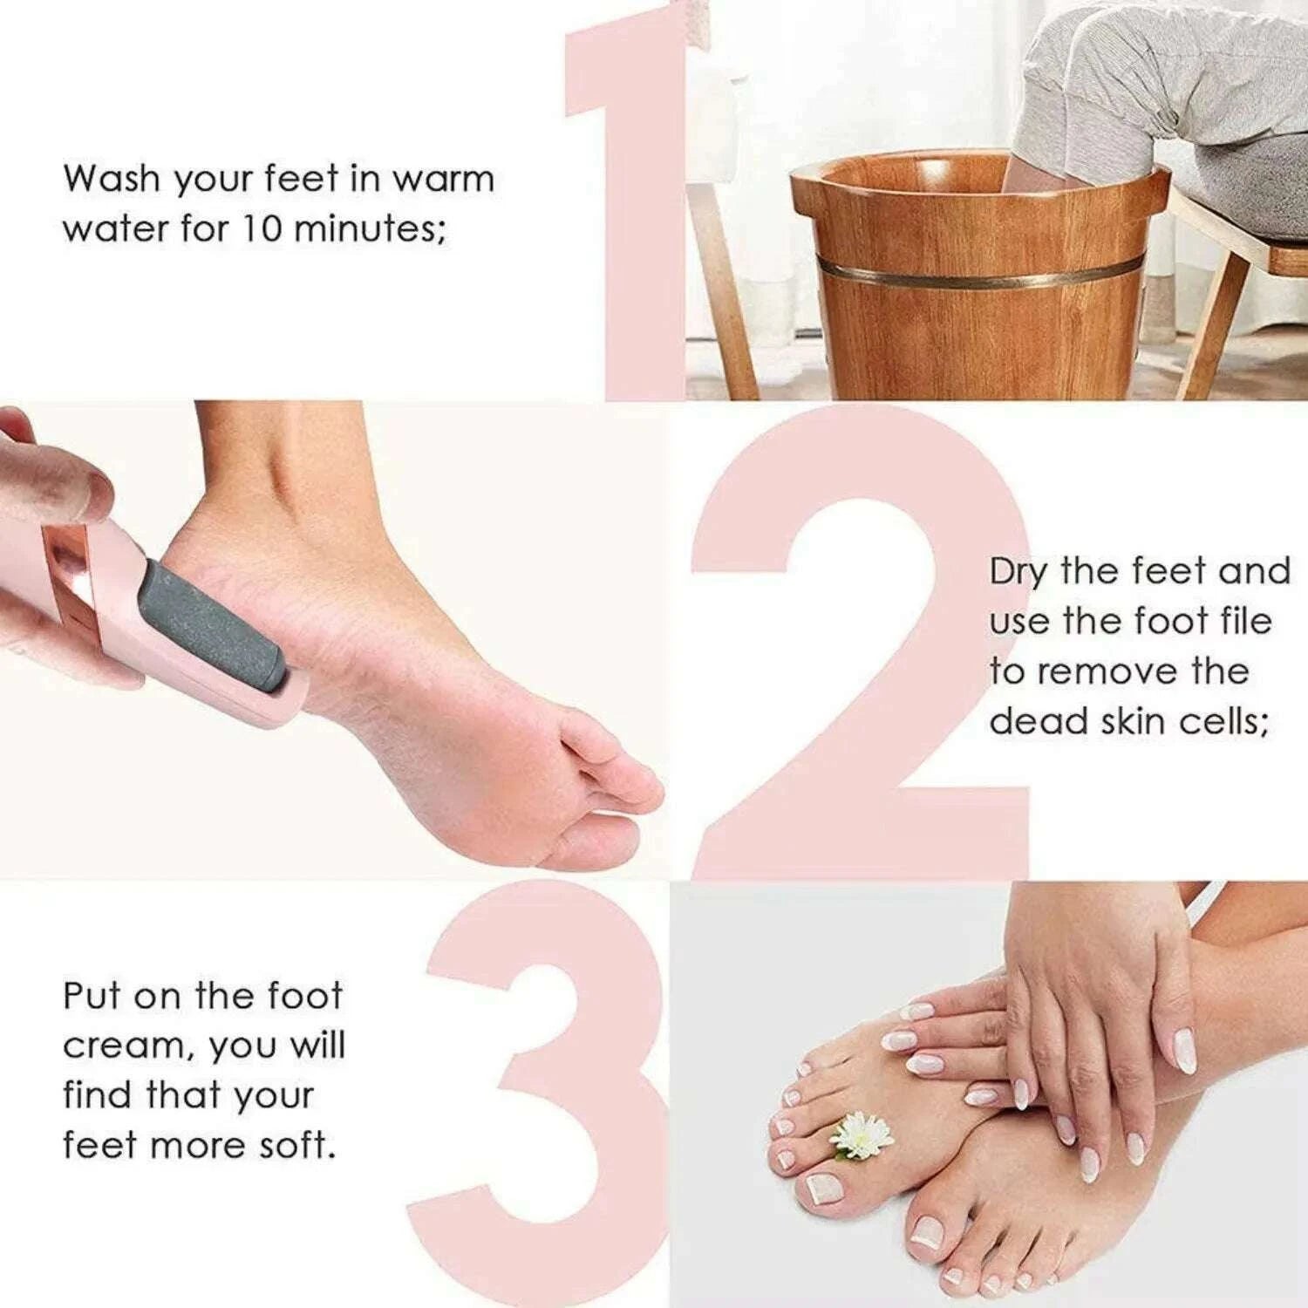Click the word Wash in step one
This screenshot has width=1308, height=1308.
pyautogui.click(x=112, y=179)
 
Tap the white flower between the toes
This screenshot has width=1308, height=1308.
pyautogui.click(x=862, y=1134)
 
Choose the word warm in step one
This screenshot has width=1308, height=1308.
pyautogui.click(x=442, y=179)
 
